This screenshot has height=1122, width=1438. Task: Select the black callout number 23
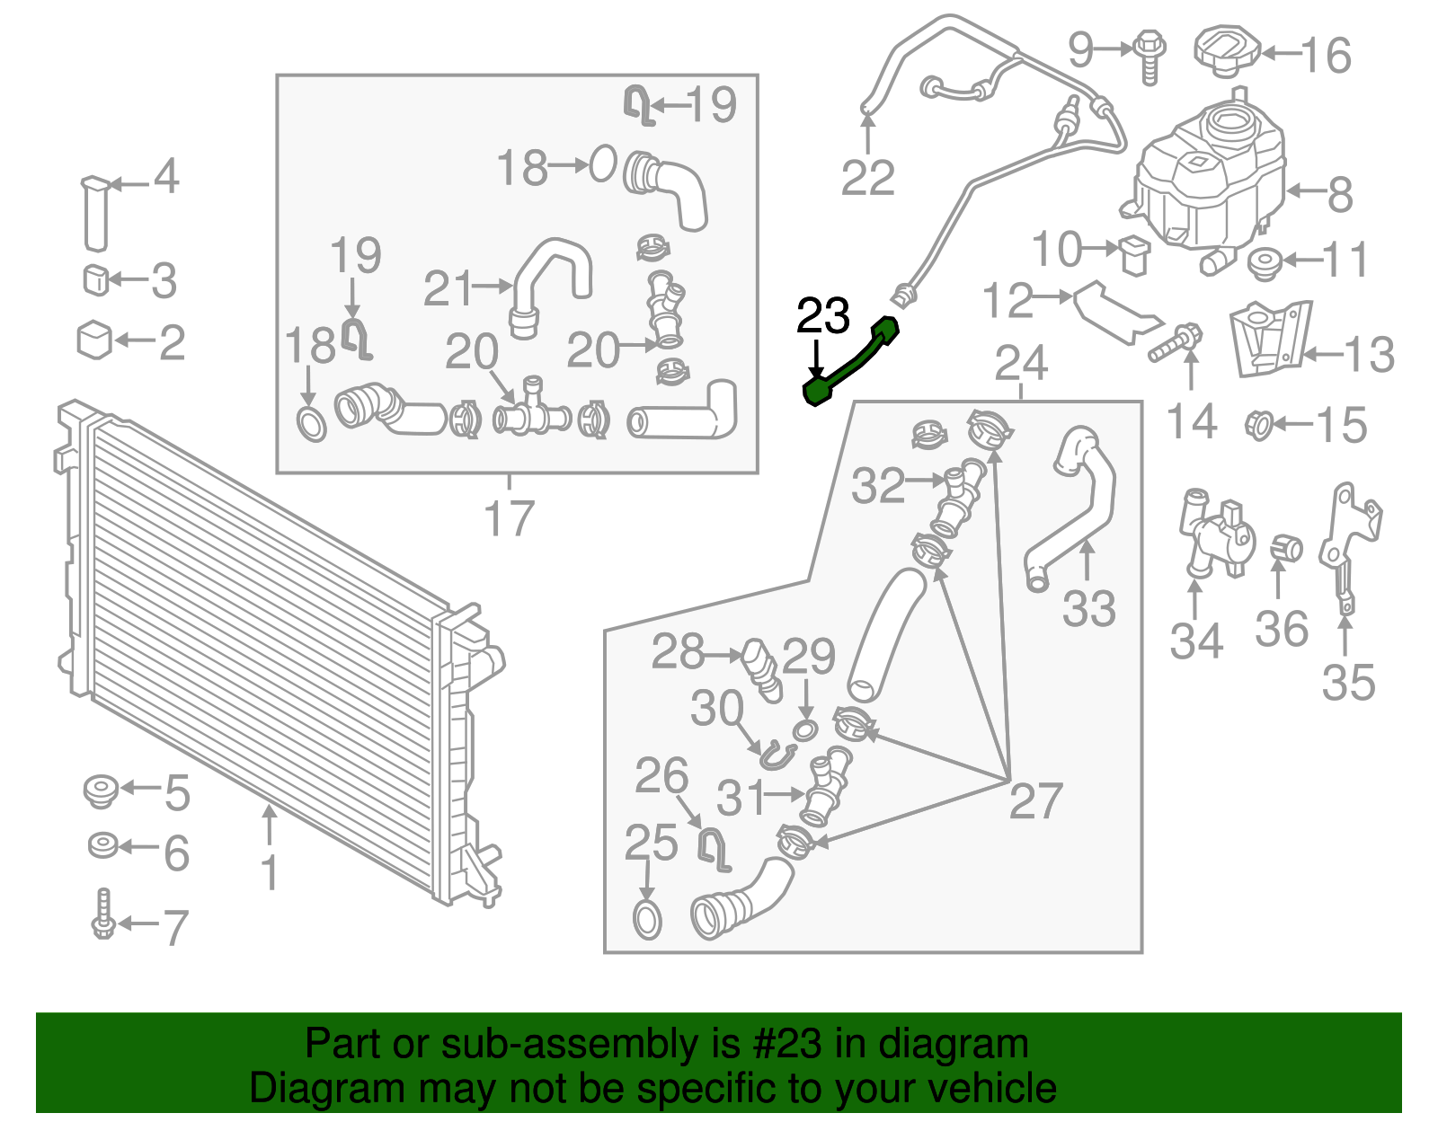823,316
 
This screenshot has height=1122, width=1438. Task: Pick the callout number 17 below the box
509,518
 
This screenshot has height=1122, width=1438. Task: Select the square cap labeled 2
94,340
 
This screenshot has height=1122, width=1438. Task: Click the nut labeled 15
1260,424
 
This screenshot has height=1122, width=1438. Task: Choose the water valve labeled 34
1214,534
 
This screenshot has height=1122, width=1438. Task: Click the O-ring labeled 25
647,920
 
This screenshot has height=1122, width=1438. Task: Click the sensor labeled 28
762,669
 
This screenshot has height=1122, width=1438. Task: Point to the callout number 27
1035,800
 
